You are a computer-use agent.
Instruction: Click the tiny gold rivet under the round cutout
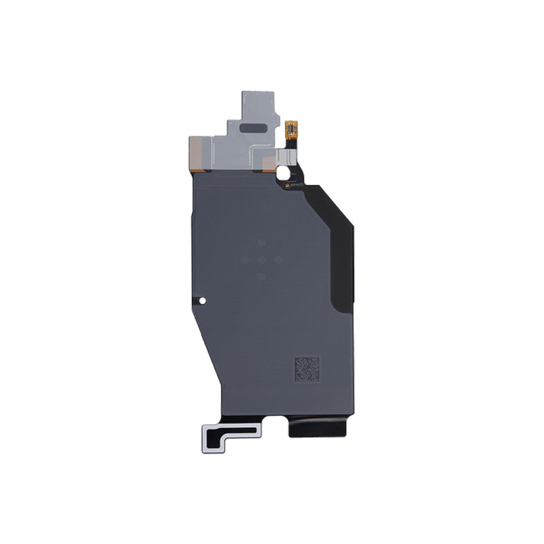point(289,184)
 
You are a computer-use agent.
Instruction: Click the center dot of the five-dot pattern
point(261,260)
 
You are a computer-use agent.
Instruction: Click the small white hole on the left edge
point(202,299)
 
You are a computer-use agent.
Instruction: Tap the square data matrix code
point(308,369)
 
